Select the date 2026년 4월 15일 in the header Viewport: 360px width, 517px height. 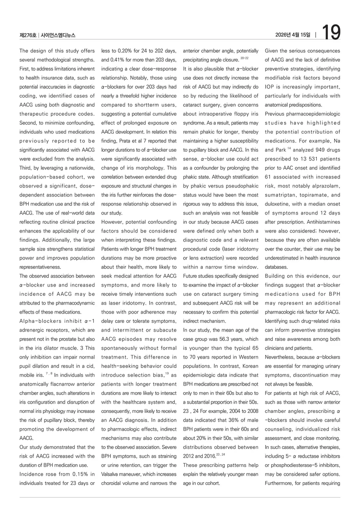tap(292, 35)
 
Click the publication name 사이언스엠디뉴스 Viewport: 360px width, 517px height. tap(58, 36)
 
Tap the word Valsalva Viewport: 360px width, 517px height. tap(112, 474)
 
